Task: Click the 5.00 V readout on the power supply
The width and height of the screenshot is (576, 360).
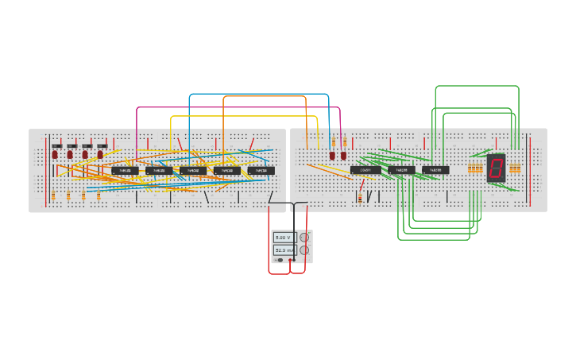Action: pyautogui.click(x=284, y=238)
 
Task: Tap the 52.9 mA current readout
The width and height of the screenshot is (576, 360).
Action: pyautogui.click(x=284, y=250)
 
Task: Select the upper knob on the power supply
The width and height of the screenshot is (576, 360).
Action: pyautogui.click(x=304, y=238)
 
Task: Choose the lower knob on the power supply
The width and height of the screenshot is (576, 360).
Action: pyautogui.click(x=304, y=250)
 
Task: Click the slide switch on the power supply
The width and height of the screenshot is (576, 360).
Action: pyautogui.click(x=280, y=260)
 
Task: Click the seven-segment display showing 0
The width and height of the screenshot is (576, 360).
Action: pyautogui.click(x=496, y=168)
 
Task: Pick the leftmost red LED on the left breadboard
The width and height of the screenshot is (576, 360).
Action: pyautogui.click(x=55, y=154)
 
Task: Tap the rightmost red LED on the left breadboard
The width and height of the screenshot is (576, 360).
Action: pyautogui.click(x=100, y=154)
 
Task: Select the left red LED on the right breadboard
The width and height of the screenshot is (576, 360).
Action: pyautogui.click(x=332, y=156)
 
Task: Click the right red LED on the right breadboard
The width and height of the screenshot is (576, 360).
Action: pyautogui.click(x=343, y=156)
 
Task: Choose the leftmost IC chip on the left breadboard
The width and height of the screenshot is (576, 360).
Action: pyautogui.click(x=125, y=170)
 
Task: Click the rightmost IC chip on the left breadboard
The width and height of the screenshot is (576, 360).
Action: pyautogui.click(x=261, y=170)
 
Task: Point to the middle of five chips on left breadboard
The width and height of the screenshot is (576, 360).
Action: pyautogui.click(x=193, y=170)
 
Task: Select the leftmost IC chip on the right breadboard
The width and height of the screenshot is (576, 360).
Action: pyautogui.click(x=365, y=170)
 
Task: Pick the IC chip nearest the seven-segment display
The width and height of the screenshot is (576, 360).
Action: pyautogui.click(x=435, y=170)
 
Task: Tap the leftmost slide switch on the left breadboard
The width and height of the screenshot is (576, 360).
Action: pyautogui.click(x=56, y=145)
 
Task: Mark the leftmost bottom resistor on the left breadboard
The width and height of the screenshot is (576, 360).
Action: pyautogui.click(x=53, y=195)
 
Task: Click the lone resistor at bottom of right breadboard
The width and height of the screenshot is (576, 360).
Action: pyautogui.click(x=360, y=197)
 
